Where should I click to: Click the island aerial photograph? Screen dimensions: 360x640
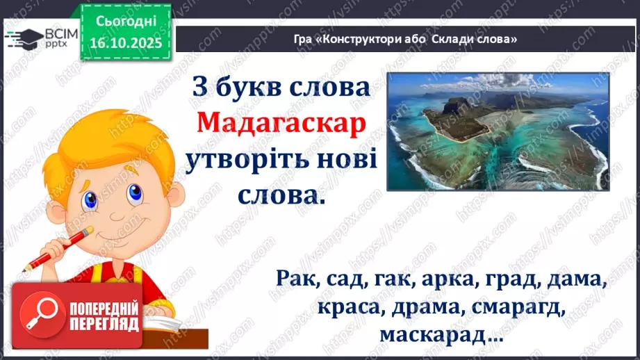tap(497, 131)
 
